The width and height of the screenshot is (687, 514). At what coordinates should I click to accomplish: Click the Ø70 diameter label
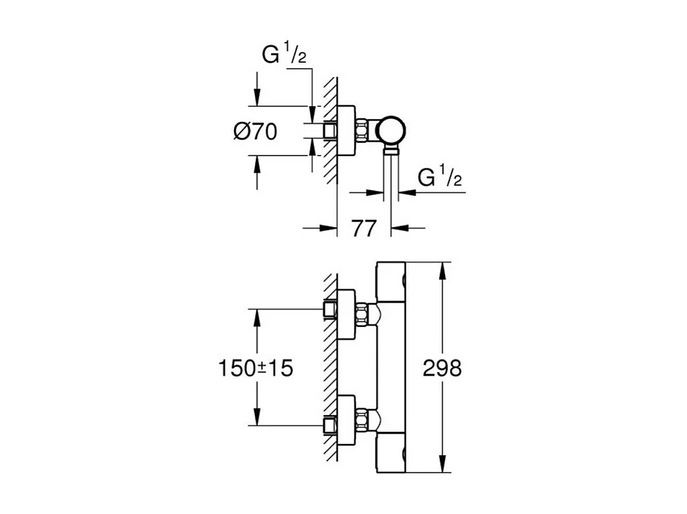click(x=255, y=132)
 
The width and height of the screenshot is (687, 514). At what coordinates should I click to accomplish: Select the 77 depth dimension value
click(x=363, y=228)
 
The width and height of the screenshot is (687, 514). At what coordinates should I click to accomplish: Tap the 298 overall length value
click(x=442, y=368)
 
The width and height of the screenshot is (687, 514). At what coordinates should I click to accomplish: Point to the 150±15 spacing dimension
click(x=255, y=368)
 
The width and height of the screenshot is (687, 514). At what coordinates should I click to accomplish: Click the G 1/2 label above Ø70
click(x=284, y=56)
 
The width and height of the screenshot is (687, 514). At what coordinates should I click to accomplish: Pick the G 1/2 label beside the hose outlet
click(x=440, y=178)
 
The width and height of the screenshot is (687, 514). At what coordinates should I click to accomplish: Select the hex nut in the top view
click(x=363, y=130)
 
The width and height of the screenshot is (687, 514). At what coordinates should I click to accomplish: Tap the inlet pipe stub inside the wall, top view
click(x=330, y=130)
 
